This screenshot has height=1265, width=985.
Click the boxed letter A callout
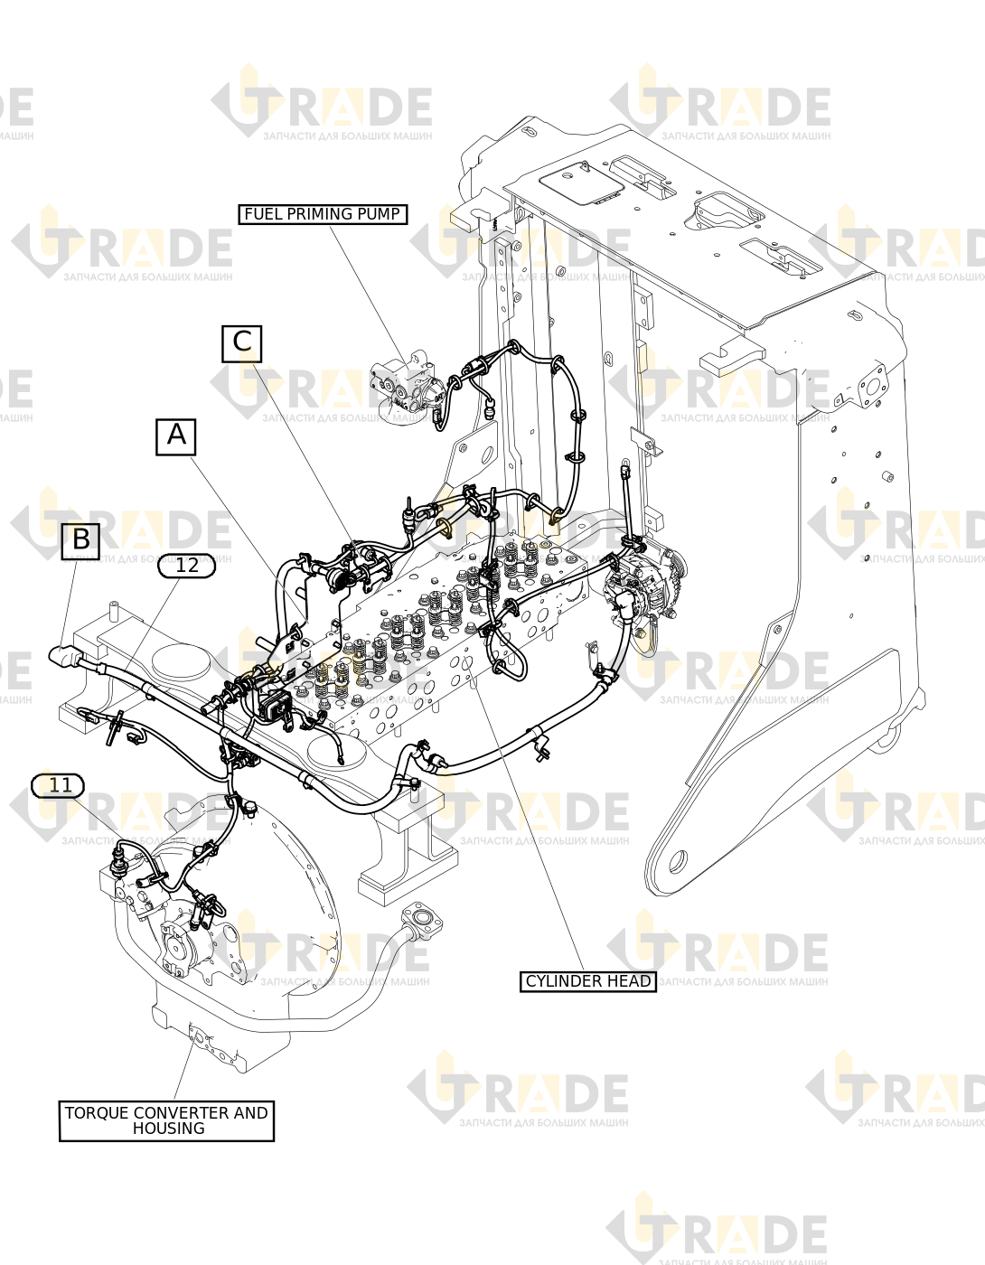click(176, 436)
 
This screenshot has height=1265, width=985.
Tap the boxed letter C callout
click(242, 343)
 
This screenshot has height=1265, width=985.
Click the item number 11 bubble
click(58, 785)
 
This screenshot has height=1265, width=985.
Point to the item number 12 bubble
click(186, 566)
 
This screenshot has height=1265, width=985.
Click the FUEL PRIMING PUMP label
click(323, 214)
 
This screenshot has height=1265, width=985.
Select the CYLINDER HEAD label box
click(588, 981)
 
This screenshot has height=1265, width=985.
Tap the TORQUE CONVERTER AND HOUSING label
click(166, 1121)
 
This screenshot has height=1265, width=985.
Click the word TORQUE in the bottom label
click(96, 1113)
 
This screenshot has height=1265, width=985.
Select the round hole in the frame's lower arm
click(678, 860)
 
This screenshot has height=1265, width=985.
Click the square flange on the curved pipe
click(425, 923)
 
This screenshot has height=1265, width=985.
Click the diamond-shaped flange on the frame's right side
click(871, 385)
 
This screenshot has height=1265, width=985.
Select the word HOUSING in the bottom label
click(169, 1129)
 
